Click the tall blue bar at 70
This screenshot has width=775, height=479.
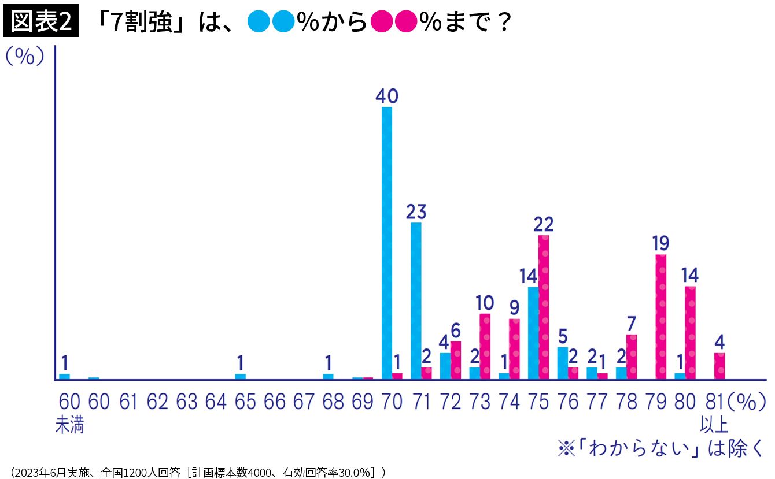[387, 243]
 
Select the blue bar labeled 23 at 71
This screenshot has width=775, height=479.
[416, 300]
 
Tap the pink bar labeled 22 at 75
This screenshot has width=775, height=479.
[544, 307]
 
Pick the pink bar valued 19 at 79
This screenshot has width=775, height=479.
[661, 317]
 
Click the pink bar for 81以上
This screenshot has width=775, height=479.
[719, 366]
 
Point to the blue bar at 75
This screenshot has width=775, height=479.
[533, 333]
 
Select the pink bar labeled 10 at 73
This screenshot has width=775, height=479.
[485, 346]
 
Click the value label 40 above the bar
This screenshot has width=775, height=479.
[387, 96]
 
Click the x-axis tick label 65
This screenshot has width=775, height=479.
[245, 402]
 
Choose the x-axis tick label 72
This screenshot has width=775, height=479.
[451, 402]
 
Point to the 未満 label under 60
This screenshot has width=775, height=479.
[69, 426]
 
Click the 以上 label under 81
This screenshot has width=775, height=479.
[714, 426]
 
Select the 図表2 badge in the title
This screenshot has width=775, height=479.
[41, 23]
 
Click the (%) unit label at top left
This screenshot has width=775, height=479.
[25, 57]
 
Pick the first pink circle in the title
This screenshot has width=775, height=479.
[381, 23]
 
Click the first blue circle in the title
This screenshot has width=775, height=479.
[258, 23]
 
